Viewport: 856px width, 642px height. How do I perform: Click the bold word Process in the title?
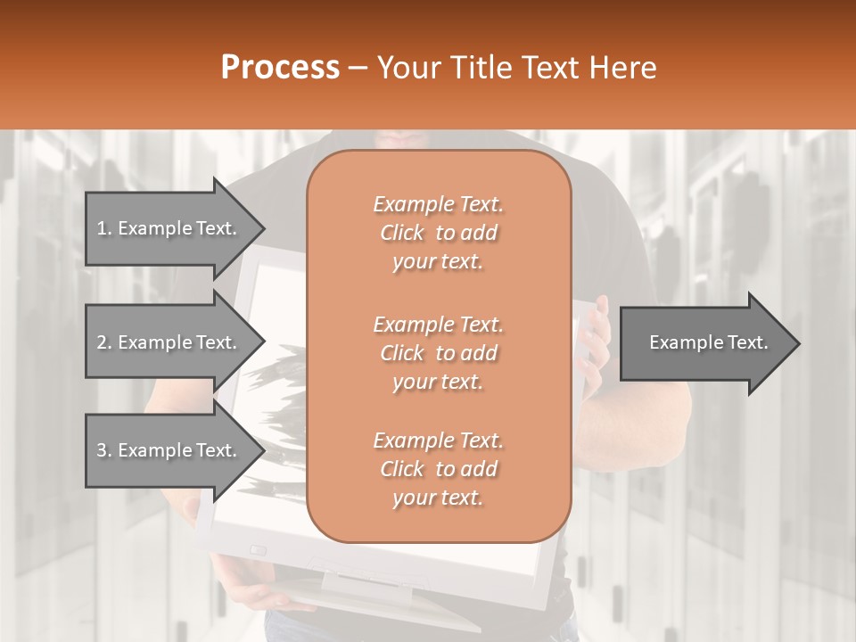[280, 68]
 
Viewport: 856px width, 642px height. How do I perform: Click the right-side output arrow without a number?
[704, 342]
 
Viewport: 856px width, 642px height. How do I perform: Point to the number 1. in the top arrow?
[104, 228]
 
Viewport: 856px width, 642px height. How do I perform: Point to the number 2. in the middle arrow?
[104, 342]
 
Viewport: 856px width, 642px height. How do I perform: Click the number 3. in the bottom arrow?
[104, 450]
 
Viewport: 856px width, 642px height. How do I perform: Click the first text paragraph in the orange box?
[438, 233]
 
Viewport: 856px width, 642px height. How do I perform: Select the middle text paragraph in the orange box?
[438, 353]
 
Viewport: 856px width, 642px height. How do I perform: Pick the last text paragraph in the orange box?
[438, 469]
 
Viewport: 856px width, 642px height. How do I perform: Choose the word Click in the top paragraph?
[402, 233]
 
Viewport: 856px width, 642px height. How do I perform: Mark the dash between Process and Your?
[358, 68]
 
